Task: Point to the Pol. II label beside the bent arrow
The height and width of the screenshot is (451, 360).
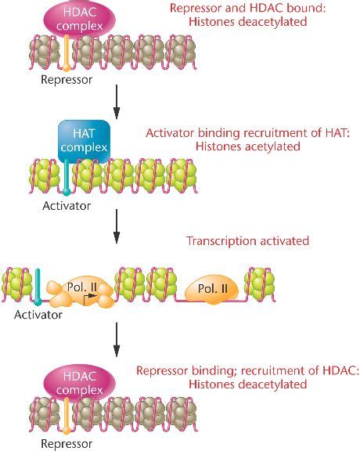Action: coord(83,288)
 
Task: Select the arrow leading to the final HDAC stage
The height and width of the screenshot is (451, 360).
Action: coord(116,337)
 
